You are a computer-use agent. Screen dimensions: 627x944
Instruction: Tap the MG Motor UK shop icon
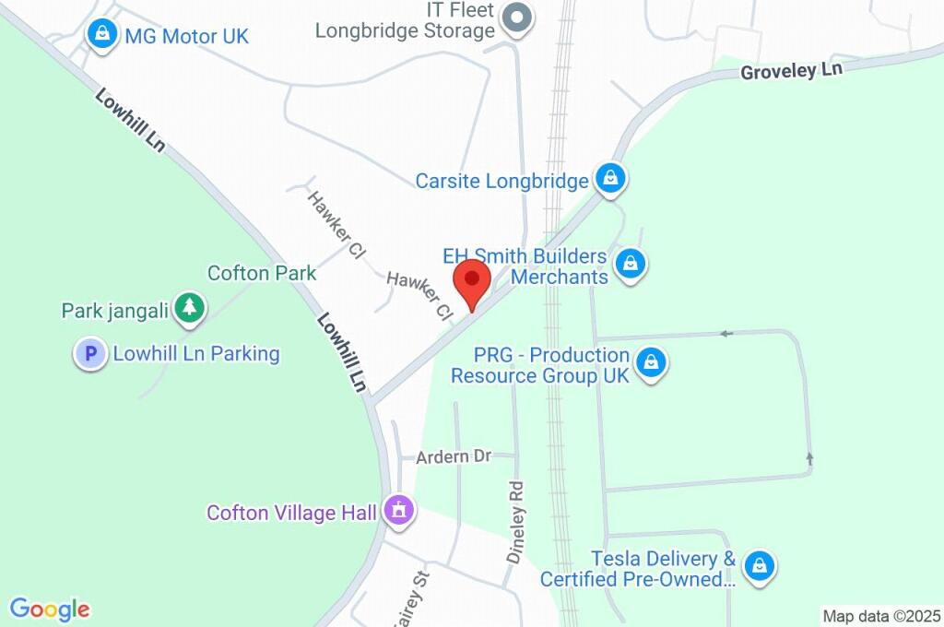click(100, 36)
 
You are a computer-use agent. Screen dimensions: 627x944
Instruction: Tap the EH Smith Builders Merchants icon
click(630, 264)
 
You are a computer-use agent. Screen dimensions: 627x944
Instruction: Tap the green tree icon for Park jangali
click(190, 307)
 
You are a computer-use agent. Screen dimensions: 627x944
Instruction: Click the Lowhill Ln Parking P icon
click(90, 353)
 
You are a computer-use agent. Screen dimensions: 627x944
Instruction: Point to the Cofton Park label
click(262, 273)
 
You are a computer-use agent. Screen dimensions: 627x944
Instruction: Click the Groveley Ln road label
click(792, 71)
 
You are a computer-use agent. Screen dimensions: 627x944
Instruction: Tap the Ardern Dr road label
click(454, 456)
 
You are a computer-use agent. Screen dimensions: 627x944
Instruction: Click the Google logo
click(50, 609)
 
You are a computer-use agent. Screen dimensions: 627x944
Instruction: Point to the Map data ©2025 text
click(881, 616)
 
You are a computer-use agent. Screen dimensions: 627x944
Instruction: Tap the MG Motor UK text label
click(186, 37)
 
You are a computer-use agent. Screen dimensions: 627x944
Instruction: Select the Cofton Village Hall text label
click(291, 512)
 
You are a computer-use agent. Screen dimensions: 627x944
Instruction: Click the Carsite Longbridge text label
click(501, 180)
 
